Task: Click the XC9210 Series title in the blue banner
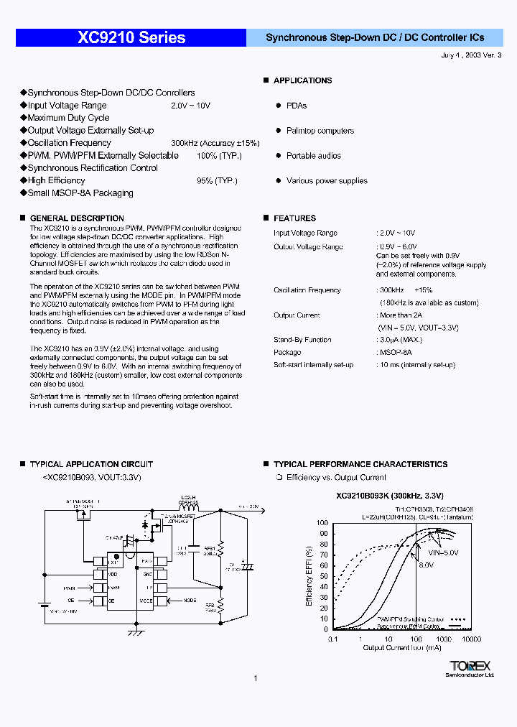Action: [131, 38]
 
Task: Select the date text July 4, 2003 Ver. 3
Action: [470, 55]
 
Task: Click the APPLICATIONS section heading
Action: [302, 80]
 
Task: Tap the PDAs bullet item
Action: [296, 106]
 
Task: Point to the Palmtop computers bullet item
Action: [320, 131]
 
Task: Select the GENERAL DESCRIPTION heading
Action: [77, 218]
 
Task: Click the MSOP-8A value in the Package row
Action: [396, 353]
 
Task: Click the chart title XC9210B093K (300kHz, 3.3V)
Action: [390, 496]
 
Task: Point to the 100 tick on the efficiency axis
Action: [322, 524]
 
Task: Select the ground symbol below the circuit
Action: [134, 634]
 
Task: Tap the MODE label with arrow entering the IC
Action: [190, 600]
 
